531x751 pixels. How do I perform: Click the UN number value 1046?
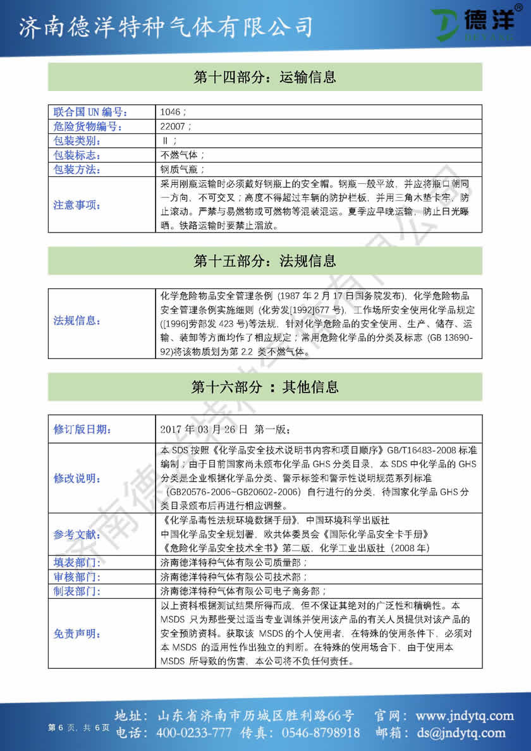tap(169, 112)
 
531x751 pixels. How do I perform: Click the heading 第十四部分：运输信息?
tap(264, 77)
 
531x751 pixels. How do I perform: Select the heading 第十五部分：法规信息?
tap(264, 260)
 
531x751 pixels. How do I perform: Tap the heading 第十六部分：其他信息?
tap(264, 387)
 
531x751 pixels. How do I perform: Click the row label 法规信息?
tap(76, 321)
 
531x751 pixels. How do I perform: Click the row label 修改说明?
tap(76, 478)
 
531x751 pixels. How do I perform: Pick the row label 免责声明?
tap(76, 633)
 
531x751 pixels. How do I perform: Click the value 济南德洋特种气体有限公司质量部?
tap(234, 562)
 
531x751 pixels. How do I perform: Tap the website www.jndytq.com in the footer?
tap(465, 716)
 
